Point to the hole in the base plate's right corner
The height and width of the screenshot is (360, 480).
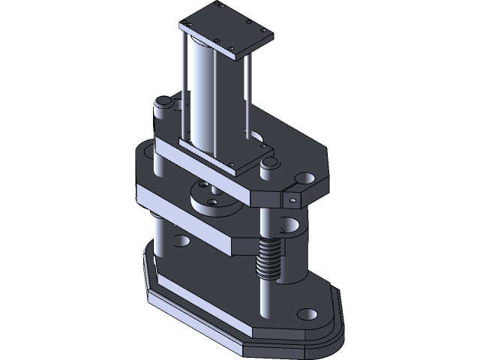tap(307, 315)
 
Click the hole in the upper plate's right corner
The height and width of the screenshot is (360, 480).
tap(305, 178)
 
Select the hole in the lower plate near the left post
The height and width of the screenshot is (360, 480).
tap(181, 241)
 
